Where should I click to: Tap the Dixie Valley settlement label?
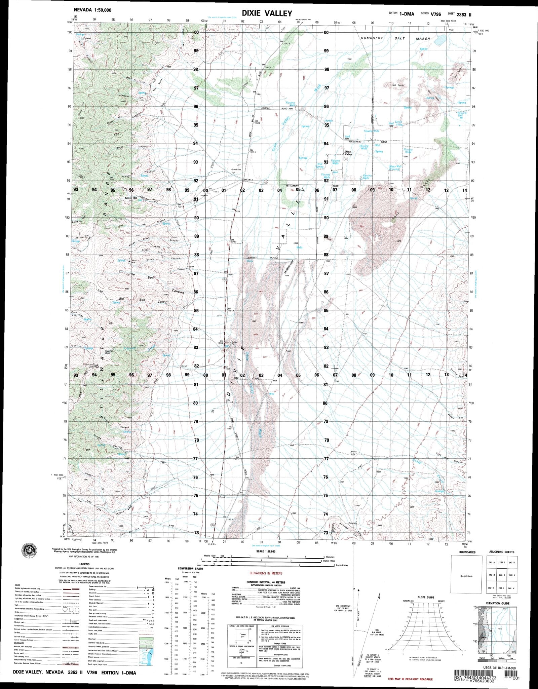coord(348,153)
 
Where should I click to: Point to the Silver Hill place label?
coord(131,198)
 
